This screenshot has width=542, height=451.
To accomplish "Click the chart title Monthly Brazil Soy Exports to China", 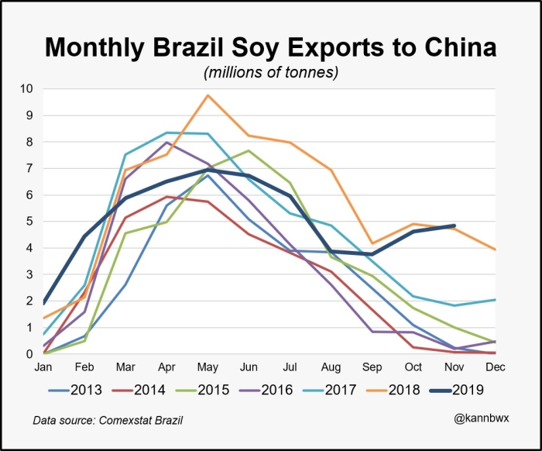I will (270, 48).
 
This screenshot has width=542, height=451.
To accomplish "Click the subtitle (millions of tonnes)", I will (270, 73).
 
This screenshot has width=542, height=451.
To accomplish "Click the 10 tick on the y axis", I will (26, 89).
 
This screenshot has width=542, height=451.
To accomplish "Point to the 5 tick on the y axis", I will (29, 222).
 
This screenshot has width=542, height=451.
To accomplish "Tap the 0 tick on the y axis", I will (29, 354).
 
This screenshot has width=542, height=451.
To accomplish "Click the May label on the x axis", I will (208, 367).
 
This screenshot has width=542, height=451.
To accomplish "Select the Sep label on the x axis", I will (372, 367).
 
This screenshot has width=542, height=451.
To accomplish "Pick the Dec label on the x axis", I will (495, 367).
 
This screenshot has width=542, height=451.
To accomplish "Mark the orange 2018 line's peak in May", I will (208, 95).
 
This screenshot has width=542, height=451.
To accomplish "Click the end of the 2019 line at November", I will (454, 225).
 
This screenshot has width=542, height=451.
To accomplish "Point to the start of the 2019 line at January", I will (44, 303).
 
